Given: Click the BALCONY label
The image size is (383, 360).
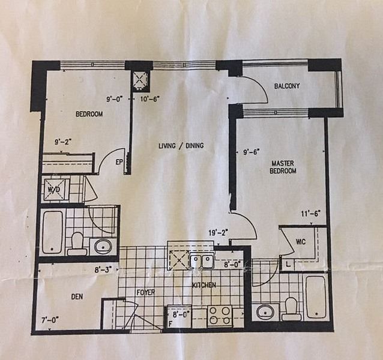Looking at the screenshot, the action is pyautogui.click(x=287, y=86).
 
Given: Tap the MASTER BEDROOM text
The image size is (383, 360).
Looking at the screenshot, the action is pyautogui.click(x=283, y=167).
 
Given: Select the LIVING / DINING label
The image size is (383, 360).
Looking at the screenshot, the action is pyautogui.click(x=181, y=146).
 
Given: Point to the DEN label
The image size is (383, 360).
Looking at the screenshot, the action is pyautogui.click(x=77, y=296).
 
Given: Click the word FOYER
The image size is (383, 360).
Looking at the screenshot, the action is pyautogui.click(x=146, y=292).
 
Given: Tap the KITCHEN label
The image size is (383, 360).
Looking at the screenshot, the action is pyautogui.click(x=204, y=285).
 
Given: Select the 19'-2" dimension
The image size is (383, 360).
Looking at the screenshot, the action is pyautogui.click(x=219, y=233).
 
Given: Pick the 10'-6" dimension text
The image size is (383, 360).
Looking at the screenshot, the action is pyautogui.click(x=150, y=99).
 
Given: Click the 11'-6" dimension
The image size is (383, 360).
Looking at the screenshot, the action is pyautogui.click(x=311, y=214).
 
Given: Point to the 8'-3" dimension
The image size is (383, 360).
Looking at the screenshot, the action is pyautogui.click(x=103, y=270).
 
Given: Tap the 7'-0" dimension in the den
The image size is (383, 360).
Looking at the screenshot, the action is pyautogui.click(x=50, y=319).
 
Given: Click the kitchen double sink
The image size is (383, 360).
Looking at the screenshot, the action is pyautogui.click(x=202, y=260).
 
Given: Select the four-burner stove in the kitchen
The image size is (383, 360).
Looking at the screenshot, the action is pyautogui.click(x=220, y=316).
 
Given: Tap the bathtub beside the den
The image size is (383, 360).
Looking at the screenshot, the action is pyautogui.click(x=52, y=232).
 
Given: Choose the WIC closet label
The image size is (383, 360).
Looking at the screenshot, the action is pyautogui.click(x=300, y=242).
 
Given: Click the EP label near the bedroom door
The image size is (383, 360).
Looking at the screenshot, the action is pyautogui.click(x=119, y=163).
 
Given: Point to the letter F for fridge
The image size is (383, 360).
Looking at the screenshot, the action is pyautogui.click(x=170, y=325).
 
